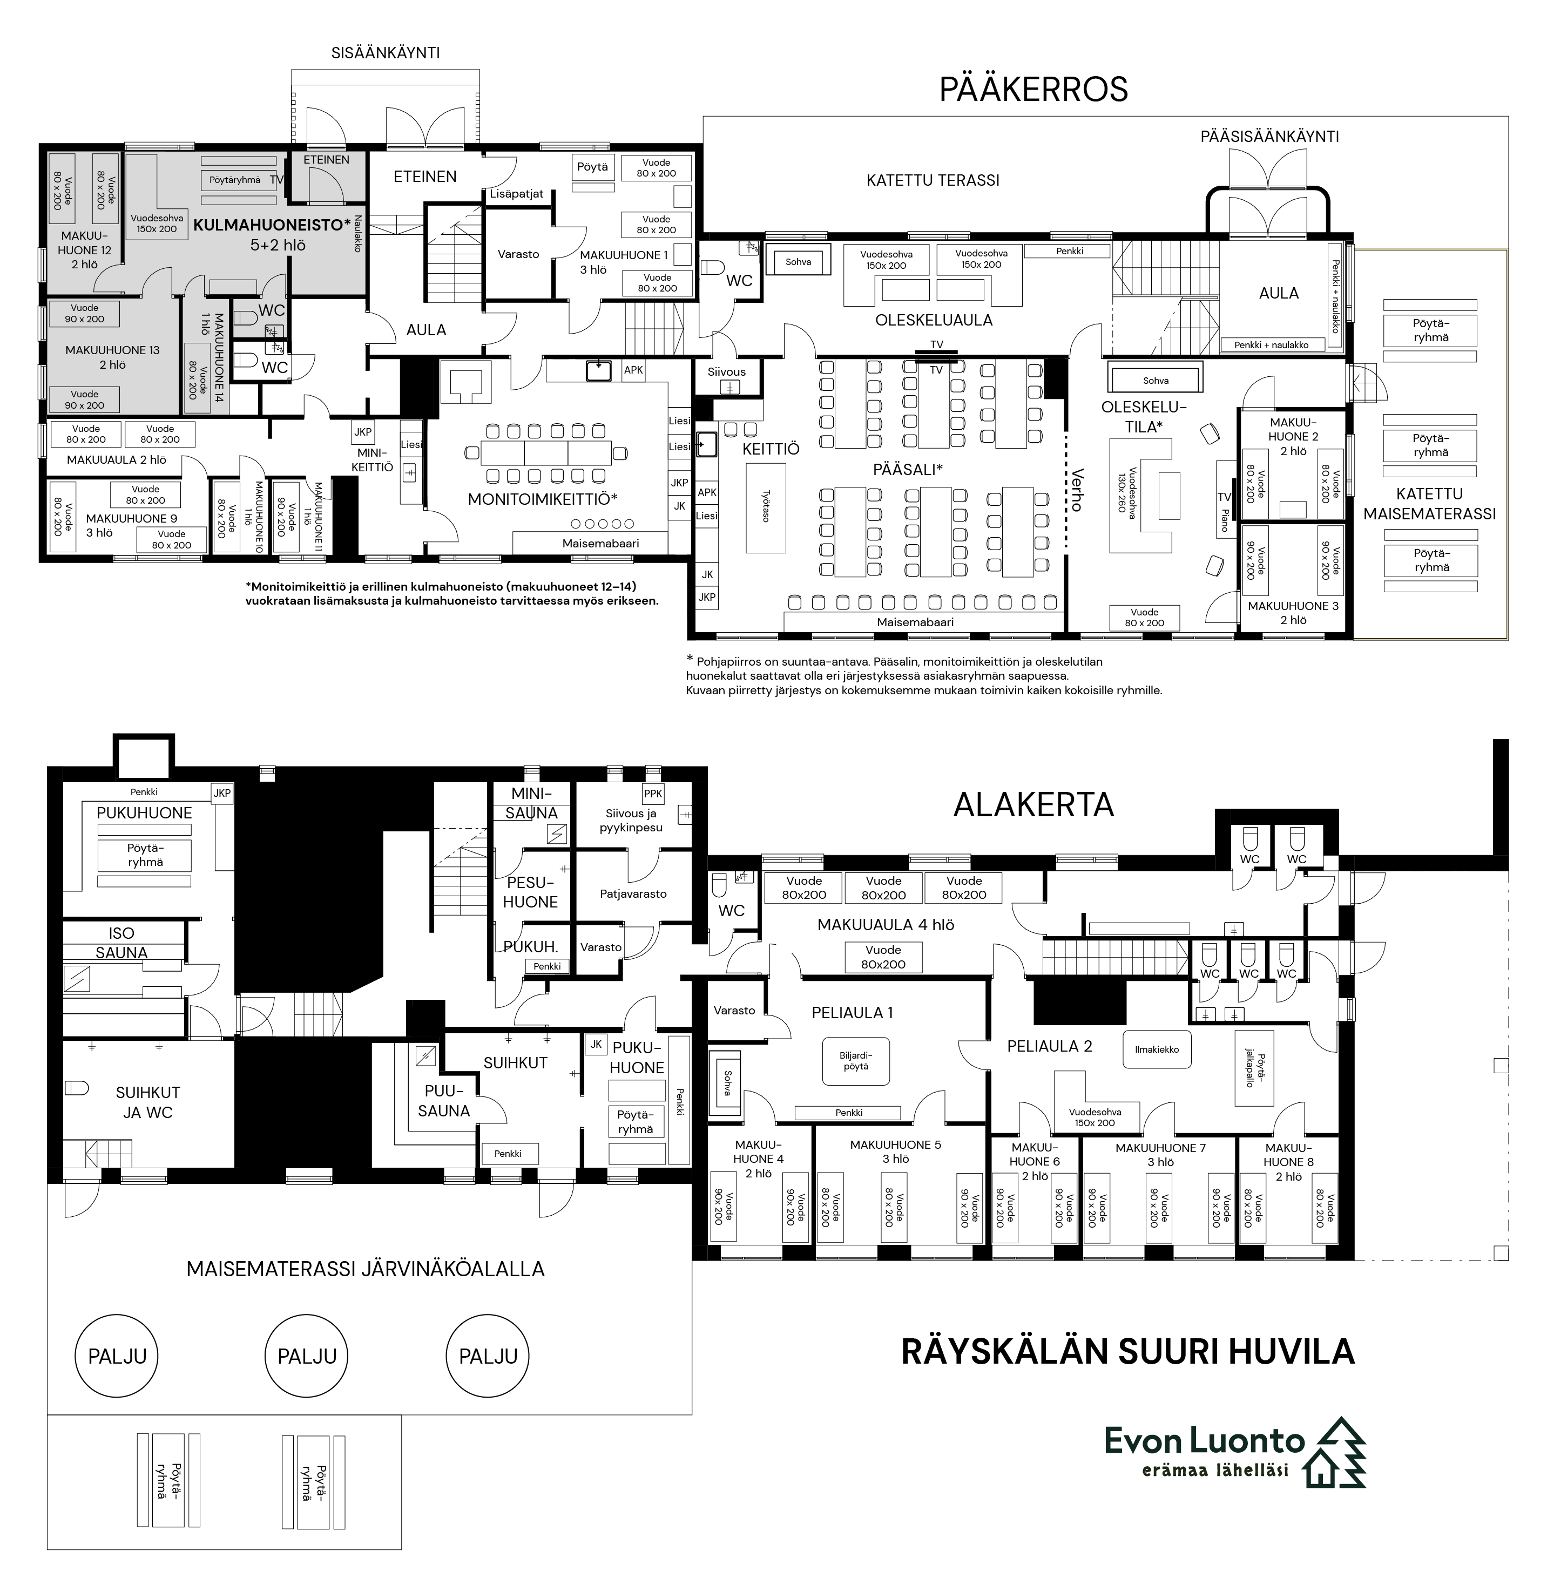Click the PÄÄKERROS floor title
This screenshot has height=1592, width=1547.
[x=1033, y=90]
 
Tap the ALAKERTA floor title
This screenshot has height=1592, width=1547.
[x=1033, y=805]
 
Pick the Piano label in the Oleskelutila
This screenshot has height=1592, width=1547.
[x=1225, y=520]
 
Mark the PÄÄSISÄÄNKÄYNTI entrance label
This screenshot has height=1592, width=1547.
[x=1270, y=137]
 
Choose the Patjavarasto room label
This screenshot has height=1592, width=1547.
[x=633, y=893]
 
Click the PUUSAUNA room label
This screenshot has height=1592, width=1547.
[x=444, y=1101]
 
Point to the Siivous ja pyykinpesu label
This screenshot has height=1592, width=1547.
[x=631, y=821]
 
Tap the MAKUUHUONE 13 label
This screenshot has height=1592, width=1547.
[x=112, y=357]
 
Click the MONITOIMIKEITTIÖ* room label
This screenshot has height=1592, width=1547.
[x=542, y=499]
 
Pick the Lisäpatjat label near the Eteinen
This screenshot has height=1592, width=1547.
[x=517, y=194]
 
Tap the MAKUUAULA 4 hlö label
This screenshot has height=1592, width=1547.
[x=886, y=924]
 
